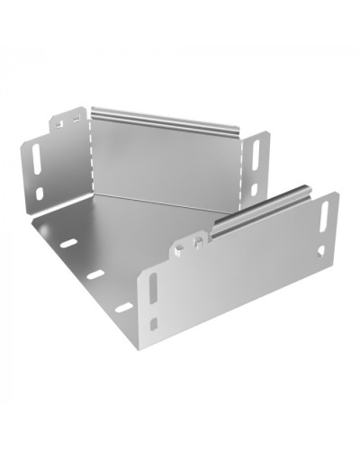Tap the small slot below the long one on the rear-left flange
[41, 192]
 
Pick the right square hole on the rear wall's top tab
[77, 117]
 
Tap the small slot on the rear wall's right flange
[255, 190]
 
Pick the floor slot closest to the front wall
[123, 307]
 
